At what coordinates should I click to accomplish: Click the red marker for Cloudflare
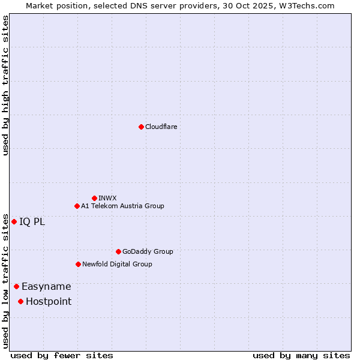(141, 127)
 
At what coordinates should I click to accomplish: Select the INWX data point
(94, 198)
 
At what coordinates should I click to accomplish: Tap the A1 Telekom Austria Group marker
(77, 206)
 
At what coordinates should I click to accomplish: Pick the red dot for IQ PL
(14, 221)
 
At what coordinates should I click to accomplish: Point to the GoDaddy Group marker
(118, 251)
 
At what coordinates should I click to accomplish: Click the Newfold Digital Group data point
(78, 264)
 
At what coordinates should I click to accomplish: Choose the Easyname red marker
(16, 286)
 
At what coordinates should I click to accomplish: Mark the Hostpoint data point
(20, 301)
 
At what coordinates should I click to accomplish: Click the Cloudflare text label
(161, 127)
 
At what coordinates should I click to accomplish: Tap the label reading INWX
(107, 198)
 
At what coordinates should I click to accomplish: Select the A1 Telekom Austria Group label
(122, 206)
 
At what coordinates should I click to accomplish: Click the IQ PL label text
(32, 221)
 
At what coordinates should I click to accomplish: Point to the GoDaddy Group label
(148, 251)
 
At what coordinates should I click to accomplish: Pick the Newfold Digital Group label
(117, 264)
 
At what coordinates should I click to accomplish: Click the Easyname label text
(46, 287)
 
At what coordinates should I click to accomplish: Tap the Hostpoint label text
(49, 301)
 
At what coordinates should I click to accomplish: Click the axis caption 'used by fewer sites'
(62, 355)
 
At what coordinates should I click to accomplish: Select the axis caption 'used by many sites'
(301, 355)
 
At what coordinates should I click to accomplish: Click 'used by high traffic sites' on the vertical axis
(5, 85)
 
